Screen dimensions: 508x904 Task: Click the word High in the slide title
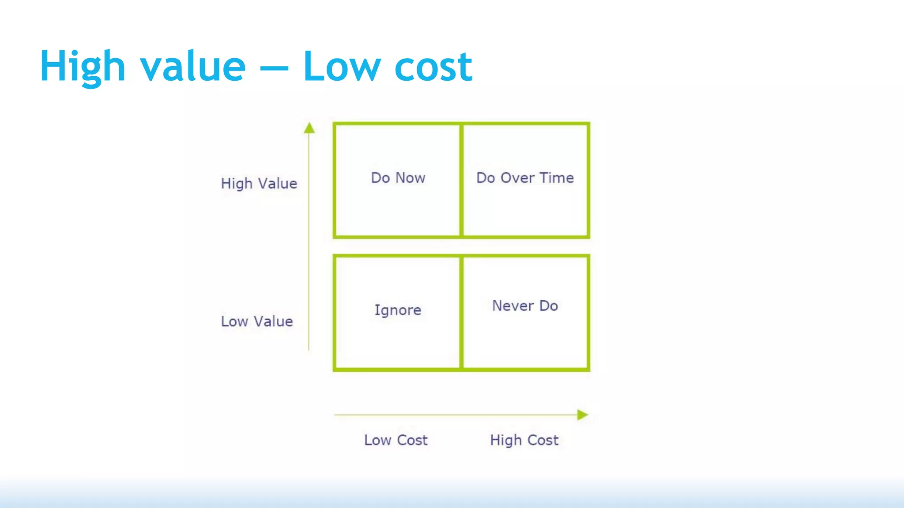pyautogui.click(x=83, y=67)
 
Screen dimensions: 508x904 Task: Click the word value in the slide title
pyautogui.click(x=193, y=67)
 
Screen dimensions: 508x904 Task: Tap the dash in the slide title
pyautogui.click(x=274, y=69)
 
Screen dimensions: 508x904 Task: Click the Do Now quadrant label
pyautogui.click(x=398, y=178)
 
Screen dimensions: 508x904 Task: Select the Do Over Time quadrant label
pyautogui.click(x=525, y=178)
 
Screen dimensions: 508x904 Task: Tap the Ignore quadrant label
pyautogui.click(x=398, y=310)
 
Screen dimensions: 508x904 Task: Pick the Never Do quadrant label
pyautogui.click(x=525, y=306)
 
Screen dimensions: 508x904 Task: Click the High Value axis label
pyautogui.click(x=259, y=183)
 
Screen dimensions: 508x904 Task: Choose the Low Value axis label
pyautogui.click(x=257, y=321)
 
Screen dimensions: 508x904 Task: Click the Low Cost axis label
pyautogui.click(x=396, y=440)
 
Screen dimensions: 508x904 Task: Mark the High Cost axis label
pyautogui.click(x=524, y=440)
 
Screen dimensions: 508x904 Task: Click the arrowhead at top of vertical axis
pyautogui.click(x=309, y=128)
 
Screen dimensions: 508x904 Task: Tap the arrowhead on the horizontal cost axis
pyautogui.click(x=582, y=415)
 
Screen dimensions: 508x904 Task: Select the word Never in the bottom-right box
pyautogui.click(x=512, y=306)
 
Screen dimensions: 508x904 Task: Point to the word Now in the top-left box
pyautogui.click(x=410, y=178)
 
